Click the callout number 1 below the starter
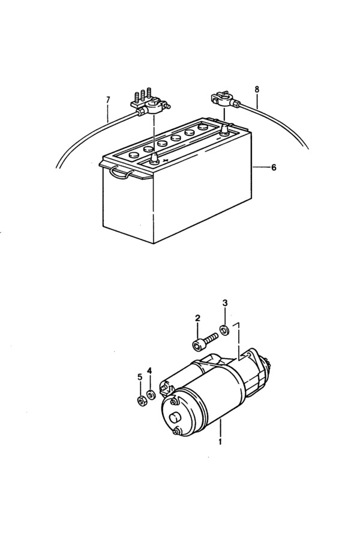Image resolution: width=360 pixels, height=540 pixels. (220, 441)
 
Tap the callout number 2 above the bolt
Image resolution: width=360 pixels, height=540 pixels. (197, 318)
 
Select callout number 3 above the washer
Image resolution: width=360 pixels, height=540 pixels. (225, 303)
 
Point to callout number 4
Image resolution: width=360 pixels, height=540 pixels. (149, 371)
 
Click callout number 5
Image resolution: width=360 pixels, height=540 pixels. (140, 377)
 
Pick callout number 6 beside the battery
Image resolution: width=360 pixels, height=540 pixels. (274, 168)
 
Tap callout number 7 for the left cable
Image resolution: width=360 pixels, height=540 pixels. (108, 100)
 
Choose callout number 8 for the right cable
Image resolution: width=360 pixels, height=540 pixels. (257, 89)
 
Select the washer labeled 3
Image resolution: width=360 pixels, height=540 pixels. (225, 330)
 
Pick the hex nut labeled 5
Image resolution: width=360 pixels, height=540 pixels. (140, 401)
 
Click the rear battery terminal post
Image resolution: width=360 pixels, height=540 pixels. (224, 130)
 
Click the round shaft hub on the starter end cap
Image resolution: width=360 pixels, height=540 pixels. (175, 418)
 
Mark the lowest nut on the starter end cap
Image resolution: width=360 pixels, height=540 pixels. (178, 431)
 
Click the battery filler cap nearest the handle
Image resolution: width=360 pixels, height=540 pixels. (133, 155)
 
